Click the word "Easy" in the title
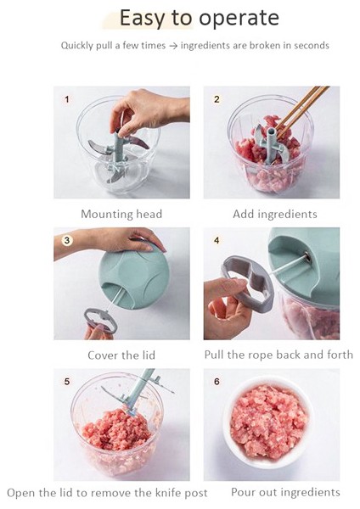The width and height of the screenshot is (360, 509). (143, 18)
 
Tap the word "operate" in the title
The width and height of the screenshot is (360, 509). (239, 19)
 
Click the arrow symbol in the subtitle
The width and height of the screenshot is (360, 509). (173, 46)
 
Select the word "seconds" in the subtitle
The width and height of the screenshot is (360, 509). (312, 45)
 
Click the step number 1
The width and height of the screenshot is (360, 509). (67, 99)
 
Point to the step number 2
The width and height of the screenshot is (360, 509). (217, 99)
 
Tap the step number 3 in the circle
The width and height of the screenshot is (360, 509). (67, 241)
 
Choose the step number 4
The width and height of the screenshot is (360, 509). (217, 241)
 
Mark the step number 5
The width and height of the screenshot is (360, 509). (67, 382)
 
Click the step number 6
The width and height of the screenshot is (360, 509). (217, 382)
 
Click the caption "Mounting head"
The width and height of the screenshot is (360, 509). (121, 215)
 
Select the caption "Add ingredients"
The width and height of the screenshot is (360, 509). (275, 215)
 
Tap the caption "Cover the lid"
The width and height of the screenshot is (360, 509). (121, 355)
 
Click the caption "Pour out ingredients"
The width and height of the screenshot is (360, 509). (285, 492)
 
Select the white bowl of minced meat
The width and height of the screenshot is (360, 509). (267, 422)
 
